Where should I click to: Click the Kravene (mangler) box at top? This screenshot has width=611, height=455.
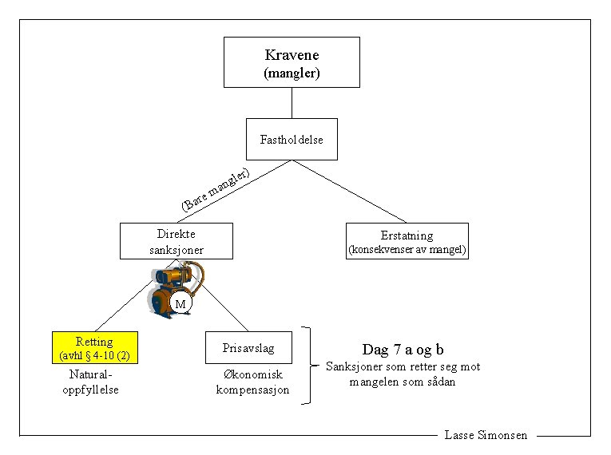292,63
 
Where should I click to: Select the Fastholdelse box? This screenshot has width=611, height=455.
292,139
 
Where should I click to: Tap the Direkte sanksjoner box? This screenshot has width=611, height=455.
177,241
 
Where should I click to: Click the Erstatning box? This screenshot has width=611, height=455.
407,241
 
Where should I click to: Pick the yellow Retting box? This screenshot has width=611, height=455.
94,348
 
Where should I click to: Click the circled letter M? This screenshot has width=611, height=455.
181,304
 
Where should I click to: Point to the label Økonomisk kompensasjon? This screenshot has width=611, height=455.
252,382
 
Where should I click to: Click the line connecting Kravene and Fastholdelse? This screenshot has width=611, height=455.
292,103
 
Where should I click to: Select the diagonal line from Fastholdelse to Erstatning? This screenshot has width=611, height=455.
351,192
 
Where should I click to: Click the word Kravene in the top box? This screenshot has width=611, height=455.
292,55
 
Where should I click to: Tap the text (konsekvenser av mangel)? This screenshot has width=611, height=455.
407,250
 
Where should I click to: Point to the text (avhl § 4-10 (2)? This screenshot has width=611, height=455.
95,354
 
